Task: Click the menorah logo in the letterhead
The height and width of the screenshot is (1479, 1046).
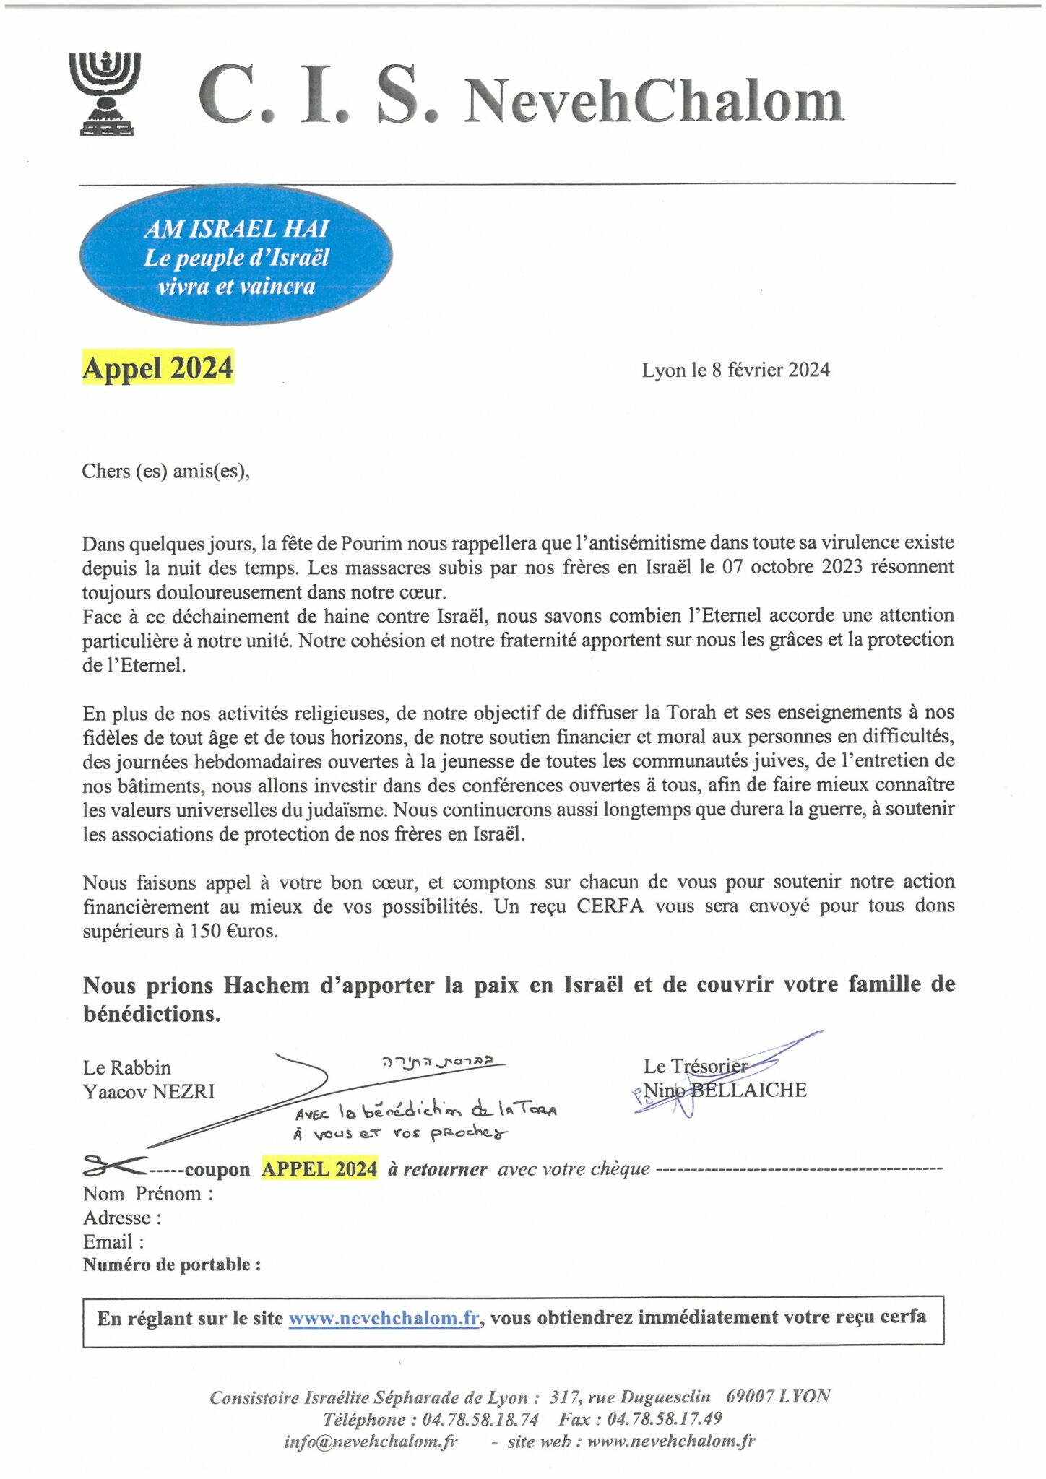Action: [105, 93]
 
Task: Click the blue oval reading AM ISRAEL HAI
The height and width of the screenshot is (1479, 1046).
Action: [236, 256]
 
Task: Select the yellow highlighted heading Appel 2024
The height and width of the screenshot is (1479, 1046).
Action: [157, 368]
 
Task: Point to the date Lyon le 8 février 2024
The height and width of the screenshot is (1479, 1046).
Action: [735, 370]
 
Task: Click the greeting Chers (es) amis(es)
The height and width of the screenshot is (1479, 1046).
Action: [165, 471]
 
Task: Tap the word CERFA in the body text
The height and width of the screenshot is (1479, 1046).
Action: [610, 906]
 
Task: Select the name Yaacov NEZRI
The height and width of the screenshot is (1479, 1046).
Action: [149, 1091]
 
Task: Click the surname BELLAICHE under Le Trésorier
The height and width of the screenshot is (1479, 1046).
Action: [749, 1090]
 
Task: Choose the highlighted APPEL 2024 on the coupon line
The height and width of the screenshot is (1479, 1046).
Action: [319, 1168]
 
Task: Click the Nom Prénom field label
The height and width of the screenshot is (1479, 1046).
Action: [148, 1193]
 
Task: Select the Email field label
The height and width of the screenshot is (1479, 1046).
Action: [113, 1241]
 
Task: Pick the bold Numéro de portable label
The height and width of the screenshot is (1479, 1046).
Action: [172, 1265]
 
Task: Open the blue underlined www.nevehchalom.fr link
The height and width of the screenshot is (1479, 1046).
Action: [384, 1318]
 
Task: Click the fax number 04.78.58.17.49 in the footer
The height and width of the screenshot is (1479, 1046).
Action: [665, 1419]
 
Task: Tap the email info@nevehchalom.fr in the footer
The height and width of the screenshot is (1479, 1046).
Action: [371, 1441]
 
